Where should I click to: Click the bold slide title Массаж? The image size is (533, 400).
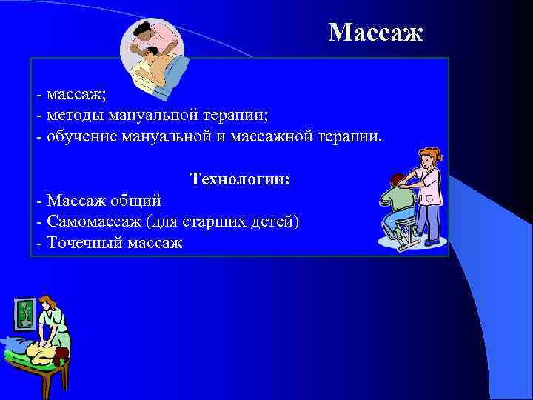376,32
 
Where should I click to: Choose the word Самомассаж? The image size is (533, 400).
95,221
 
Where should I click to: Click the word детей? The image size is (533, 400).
275,221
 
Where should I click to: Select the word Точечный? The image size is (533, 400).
80,243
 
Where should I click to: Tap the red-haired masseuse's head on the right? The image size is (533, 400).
430,157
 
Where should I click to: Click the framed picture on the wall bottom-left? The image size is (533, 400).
24,313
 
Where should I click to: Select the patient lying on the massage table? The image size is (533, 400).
33,352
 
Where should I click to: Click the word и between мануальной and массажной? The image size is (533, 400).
231,136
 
